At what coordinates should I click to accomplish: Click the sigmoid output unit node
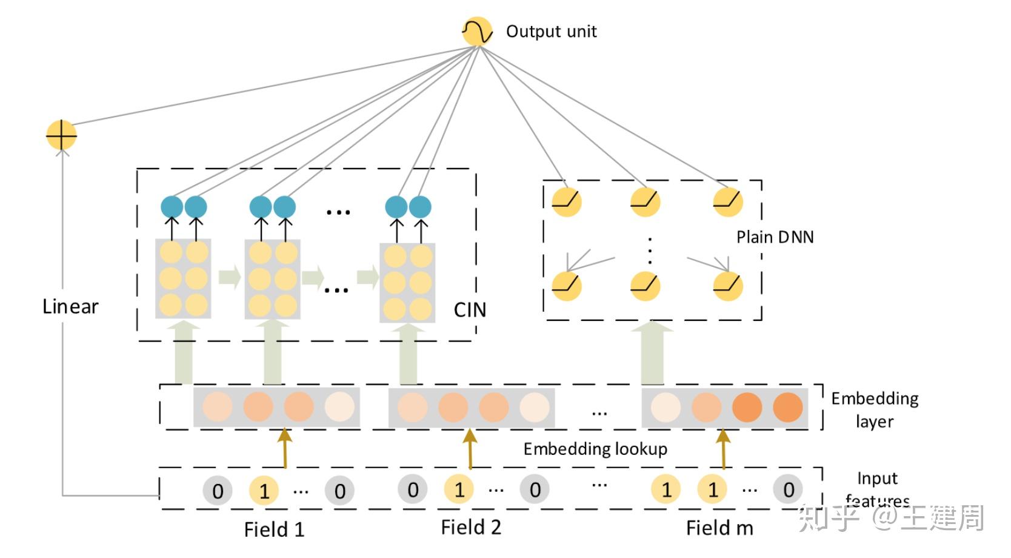(477, 32)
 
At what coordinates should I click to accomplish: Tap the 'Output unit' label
(551, 32)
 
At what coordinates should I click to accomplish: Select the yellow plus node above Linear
(61, 135)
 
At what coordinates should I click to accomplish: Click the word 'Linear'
(70, 307)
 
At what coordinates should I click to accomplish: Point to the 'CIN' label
(470, 310)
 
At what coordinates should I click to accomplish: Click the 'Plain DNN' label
(775, 237)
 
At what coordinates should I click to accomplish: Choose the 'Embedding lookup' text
(595, 449)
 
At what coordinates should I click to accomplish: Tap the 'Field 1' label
(274, 529)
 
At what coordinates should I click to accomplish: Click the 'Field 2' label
(471, 528)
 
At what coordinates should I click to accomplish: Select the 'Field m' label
(719, 528)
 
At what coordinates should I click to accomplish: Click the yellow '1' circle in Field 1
(264, 491)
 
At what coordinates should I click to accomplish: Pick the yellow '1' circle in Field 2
(459, 489)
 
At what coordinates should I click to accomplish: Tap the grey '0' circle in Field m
(788, 489)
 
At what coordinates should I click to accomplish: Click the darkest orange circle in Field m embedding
(747, 407)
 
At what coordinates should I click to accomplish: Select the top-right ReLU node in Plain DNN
(727, 201)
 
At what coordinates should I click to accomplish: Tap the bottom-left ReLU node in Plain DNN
(567, 286)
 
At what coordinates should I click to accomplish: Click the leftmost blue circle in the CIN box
(172, 207)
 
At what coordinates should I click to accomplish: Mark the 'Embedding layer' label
(874, 409)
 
